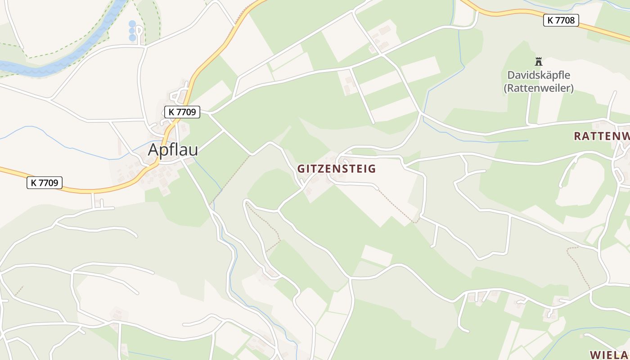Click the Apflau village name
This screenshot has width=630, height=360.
(x=173, y=150)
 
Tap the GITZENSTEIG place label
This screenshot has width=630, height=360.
(x=336, y=169)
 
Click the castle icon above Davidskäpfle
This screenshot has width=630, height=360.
(x=538, y=61)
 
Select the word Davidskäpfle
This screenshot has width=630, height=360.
(x=538, y=75)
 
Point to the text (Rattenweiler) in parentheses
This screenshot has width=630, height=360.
(x=538, y=88)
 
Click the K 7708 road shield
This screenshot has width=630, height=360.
(x=561, y=20)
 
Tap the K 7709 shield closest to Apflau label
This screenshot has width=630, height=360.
(x=182, y=112)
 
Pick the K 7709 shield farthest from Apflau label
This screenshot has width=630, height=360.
(x=45, y=183)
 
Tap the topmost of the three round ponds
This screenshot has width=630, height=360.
(x=132, y=23)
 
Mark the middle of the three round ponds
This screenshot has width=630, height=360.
(x=132, y=31)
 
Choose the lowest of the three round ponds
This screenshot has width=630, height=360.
(x=132, y=38)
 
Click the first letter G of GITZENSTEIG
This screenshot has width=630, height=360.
(x=301, y=169)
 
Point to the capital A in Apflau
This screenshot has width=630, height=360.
(x=154, y=150)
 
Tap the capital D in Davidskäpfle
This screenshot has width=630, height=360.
(x=511, y=75)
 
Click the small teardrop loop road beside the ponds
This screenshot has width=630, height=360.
(x=139, y=31)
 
